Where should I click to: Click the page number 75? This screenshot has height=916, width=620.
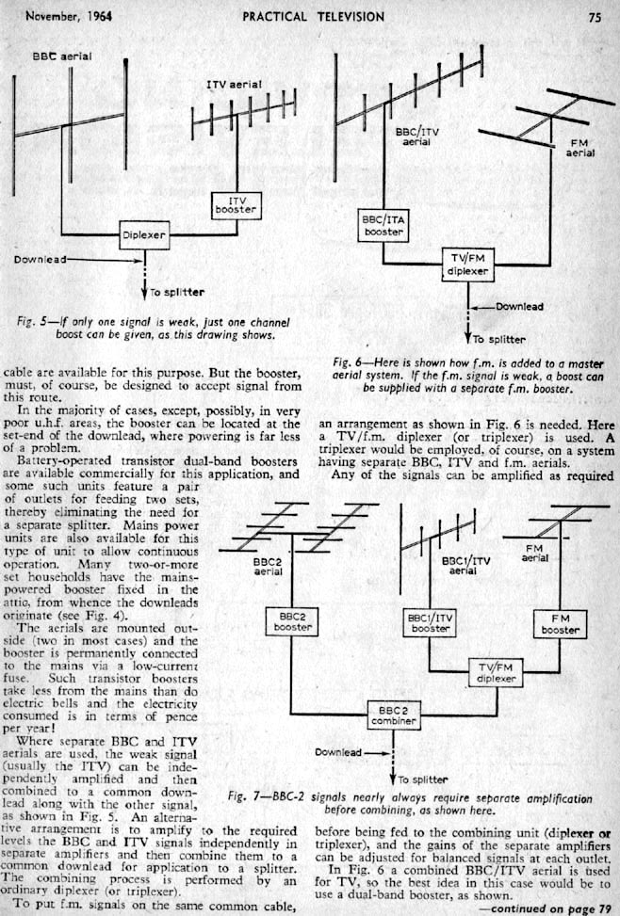pos(595,15)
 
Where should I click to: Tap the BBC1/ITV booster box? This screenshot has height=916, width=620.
pos(430,622)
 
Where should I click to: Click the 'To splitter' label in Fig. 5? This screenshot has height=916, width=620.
pos(178,293)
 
